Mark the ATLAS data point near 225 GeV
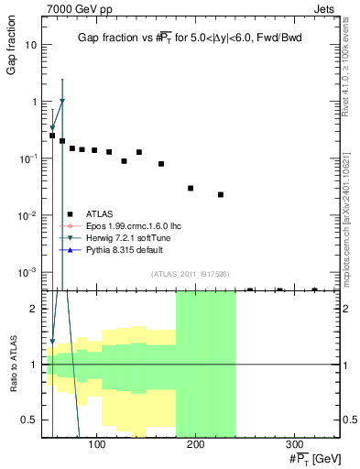[221, 194]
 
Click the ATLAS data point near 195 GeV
[191, 188]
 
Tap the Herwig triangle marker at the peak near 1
[62, 102]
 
